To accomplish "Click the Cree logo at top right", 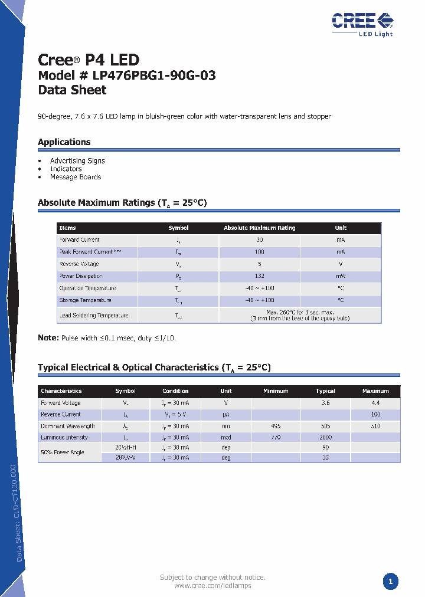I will click(362, 23).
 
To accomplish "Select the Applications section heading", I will click(64, 142).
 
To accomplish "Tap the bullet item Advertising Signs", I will click(77, 160).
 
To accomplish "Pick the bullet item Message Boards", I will click(76, 177).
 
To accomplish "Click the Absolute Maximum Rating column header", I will click(259, 228).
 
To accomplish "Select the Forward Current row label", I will click(80, 240).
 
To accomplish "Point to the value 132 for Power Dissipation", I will click(259, 276).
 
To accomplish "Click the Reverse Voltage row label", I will click(79, 264).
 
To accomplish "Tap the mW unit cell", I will click(341, 276).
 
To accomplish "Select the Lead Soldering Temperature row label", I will click(93, 316).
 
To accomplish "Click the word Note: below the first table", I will click(48, 338).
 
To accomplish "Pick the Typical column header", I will click(325, 391).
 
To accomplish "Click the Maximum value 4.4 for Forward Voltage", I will click(375, 403).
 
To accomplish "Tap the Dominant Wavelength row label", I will click(68, 426).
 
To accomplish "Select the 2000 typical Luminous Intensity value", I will click(325, 438).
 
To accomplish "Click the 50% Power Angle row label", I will click(63, 452).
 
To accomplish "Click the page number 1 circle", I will click(390, 582).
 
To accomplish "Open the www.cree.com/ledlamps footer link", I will click(212, 586).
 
